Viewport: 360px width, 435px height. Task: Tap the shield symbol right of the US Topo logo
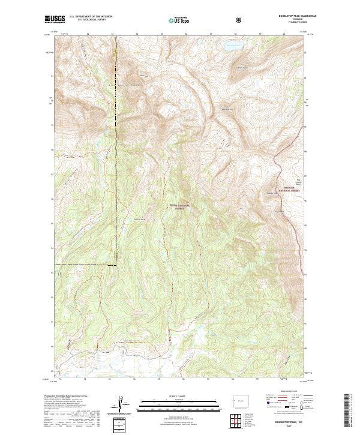click(239, 20)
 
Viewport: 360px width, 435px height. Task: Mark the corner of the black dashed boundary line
click(116, 264)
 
